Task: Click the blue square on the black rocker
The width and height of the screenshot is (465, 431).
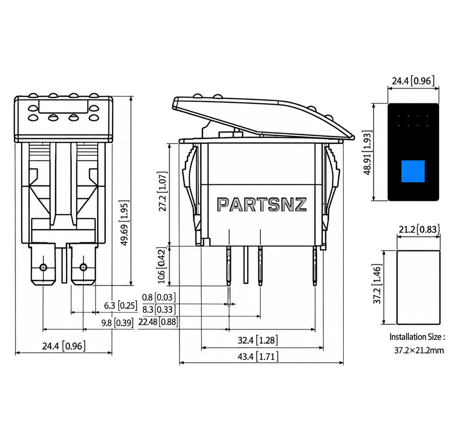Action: [413, 171]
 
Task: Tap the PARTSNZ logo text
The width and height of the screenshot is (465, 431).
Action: [262, 205]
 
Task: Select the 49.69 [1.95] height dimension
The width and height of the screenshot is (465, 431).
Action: [125, 223]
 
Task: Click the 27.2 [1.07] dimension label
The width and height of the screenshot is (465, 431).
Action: [163, 191]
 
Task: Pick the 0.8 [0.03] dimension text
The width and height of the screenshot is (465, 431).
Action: [158, 298]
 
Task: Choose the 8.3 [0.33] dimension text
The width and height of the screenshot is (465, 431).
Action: [158, 309]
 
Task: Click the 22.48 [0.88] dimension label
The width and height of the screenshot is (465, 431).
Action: [158, 322]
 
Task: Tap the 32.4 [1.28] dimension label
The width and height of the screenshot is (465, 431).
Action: [258, 340]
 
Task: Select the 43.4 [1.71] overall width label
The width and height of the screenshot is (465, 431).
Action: [258, 357]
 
